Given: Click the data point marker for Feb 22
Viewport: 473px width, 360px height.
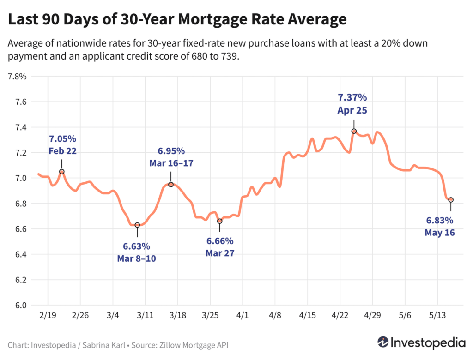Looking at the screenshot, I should click(61, 172).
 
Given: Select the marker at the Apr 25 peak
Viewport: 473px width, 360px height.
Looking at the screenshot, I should click(354, 131).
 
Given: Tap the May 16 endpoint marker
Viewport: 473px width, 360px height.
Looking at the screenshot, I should click(451, 200).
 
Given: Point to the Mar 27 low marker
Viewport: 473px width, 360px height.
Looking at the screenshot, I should click(219, 221).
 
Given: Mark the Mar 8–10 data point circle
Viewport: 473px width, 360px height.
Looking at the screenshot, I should click(137, 225).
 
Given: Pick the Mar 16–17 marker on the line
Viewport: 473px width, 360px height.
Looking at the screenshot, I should click(171, 185).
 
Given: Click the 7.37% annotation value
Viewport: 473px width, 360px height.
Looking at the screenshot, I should click(352, 97).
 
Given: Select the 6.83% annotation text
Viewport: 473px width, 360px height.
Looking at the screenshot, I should click(439, 221).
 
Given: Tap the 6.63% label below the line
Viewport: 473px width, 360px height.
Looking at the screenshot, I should click(136, 246).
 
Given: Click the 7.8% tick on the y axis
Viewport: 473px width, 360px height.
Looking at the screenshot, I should click(17, 77).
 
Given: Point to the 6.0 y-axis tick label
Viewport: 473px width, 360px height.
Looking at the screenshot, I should click(21, 306).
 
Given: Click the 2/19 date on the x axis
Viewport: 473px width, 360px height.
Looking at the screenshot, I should click(48, 316).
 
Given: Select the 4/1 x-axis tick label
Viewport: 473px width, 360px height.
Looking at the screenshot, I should click(243, 316).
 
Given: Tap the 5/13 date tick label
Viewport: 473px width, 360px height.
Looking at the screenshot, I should click(437, 316).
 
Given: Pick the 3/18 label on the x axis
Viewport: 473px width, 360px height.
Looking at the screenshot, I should click(178, 316).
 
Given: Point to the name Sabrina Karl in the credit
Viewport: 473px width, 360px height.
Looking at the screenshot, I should click(96, 345).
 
